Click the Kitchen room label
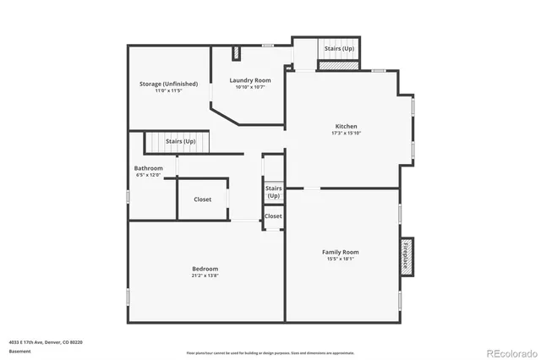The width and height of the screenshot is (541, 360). (347, 126)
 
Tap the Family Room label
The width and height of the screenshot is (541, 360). (340, 252)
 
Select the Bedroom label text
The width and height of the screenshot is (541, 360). (205, 269)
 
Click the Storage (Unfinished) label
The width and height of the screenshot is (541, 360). (168, 84)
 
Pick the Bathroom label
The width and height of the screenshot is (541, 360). (148, 168)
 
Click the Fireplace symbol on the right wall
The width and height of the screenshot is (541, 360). (406, 254)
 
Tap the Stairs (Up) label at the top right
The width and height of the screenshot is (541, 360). (339, 49)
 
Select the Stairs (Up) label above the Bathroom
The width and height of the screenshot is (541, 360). (180, 141)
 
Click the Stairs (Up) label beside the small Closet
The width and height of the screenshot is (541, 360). (273, 192)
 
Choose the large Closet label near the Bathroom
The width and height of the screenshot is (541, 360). (203, 199)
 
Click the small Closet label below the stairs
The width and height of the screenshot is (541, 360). (273, 216)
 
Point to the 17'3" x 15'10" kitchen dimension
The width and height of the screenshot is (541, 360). (347, 133)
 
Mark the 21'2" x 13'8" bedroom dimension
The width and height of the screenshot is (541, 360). (205, 275)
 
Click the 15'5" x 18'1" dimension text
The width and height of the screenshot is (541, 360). (340, 259)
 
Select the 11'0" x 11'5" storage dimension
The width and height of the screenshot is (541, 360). (168, 90)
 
